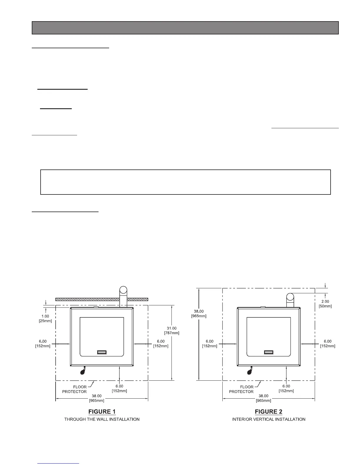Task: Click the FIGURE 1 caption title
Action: tap(102, 411)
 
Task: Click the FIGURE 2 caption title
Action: tap(269, 411)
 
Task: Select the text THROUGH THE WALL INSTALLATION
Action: tap(102, 419)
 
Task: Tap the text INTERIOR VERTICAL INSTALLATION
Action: tap(269, 419)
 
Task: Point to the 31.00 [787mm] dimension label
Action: tap(171, 330)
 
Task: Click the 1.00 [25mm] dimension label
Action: tap(45, 318)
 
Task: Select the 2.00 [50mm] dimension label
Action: tap(325, 304)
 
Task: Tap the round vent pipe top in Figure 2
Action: tap(290, 297)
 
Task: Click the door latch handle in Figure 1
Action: tap(102, 352)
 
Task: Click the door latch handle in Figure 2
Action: tap(269, 352)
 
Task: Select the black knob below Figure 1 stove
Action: tap(83, 372)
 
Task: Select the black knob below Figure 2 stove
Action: tap(250, 372)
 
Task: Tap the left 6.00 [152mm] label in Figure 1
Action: tap(43, 344)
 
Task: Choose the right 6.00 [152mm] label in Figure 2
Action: tap(328, 344)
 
